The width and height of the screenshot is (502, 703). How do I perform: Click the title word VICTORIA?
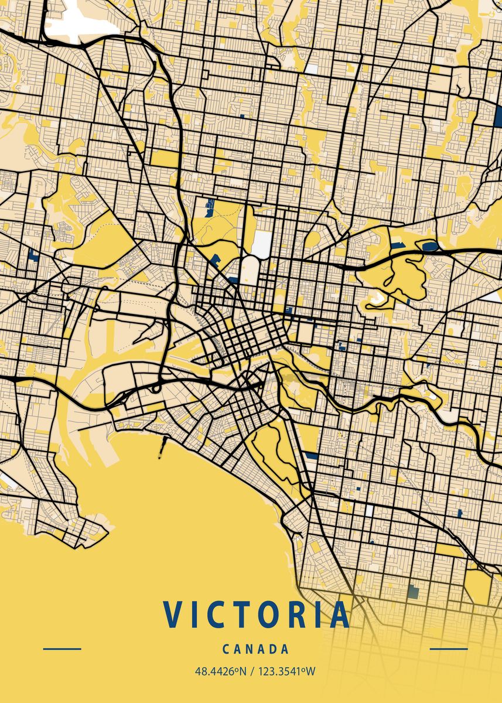pyautogui.click(x=257, y=615)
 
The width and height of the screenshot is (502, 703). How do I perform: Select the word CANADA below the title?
pyautogui.click(x=256, y=649)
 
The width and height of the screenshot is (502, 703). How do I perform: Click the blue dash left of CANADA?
pyautogui.click(x=62, y=649)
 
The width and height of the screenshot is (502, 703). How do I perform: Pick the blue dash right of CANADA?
pyautogui.click(x=449, y=649)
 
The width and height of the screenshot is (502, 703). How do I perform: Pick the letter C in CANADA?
pyautogui.click(x=226, y=649)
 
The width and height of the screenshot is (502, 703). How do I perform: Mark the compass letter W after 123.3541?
pyautogui.click(x=310, y=671)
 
